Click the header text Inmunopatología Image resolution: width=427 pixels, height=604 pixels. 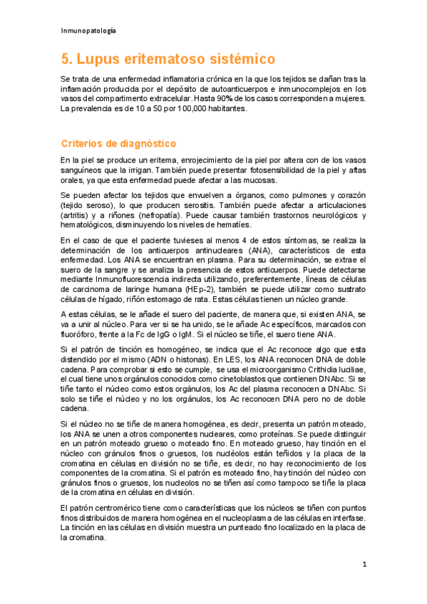pos(89,31)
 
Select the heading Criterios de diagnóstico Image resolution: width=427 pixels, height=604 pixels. pos(113,143)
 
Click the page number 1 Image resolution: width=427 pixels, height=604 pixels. pos(364,565)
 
